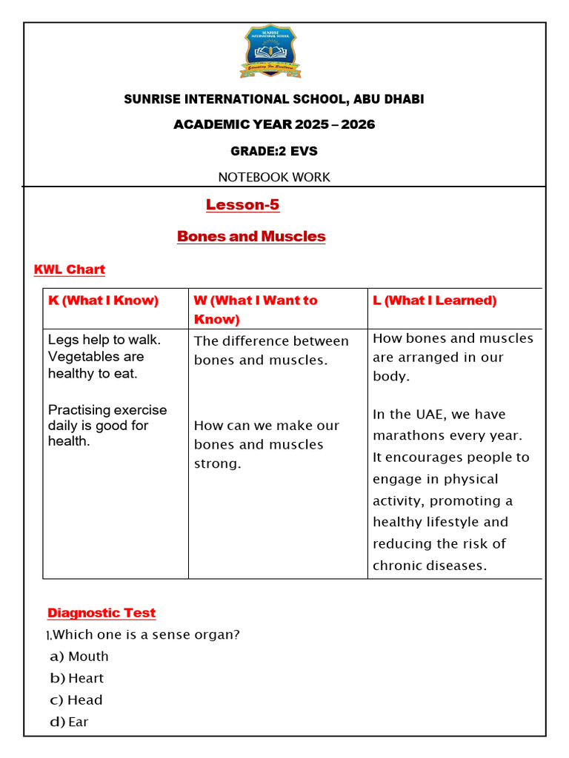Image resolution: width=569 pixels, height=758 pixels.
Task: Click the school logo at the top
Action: coord(269,51)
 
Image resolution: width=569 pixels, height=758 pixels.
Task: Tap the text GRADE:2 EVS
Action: coord(274,151)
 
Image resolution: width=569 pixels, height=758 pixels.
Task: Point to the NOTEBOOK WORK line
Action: coord(274,177)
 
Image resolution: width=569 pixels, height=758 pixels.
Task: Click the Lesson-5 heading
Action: coord(242,205)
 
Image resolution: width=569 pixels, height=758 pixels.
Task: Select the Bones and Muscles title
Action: coord(251,237)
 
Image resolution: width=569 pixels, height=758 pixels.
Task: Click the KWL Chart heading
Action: coord(70,269)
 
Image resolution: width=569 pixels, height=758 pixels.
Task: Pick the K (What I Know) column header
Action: coord(103,301)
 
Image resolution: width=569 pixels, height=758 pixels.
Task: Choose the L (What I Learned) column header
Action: coord(435,301)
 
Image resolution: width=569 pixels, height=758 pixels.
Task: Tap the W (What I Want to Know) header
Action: coord(256,309)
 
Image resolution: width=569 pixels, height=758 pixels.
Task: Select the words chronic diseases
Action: coord(430,566)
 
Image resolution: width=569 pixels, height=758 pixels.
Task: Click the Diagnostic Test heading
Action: coord(102,613)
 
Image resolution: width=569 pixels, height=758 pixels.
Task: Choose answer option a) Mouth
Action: coord(79,657)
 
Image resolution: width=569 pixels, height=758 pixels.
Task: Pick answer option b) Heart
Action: coord(77,678)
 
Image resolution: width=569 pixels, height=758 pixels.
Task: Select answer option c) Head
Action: coord(76,700)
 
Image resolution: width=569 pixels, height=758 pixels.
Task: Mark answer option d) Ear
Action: coord(70,722)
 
